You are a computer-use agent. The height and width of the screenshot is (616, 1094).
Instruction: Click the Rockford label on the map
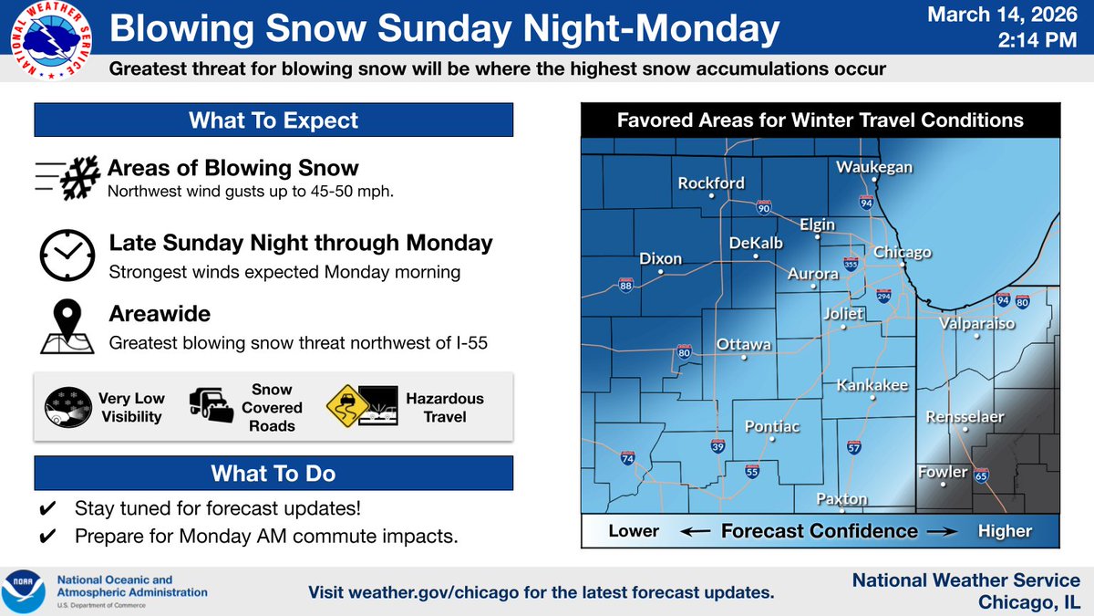711,183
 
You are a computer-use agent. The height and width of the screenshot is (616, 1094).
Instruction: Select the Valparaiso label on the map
976,322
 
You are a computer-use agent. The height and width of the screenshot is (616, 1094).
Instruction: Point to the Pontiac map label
772,426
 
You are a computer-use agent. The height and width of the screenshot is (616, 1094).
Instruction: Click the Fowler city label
943,472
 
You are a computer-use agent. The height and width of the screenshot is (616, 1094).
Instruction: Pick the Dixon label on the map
661,258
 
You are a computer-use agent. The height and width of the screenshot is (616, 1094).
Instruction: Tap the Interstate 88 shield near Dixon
626,285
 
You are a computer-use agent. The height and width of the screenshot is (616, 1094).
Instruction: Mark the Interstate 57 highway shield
854,447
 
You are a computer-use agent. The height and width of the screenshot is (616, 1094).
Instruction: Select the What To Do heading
273,473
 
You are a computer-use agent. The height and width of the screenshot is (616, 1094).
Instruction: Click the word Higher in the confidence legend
1006,531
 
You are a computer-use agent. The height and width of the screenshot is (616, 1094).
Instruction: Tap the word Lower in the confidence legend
634,531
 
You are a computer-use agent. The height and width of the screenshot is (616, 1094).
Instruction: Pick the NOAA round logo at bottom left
24,590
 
